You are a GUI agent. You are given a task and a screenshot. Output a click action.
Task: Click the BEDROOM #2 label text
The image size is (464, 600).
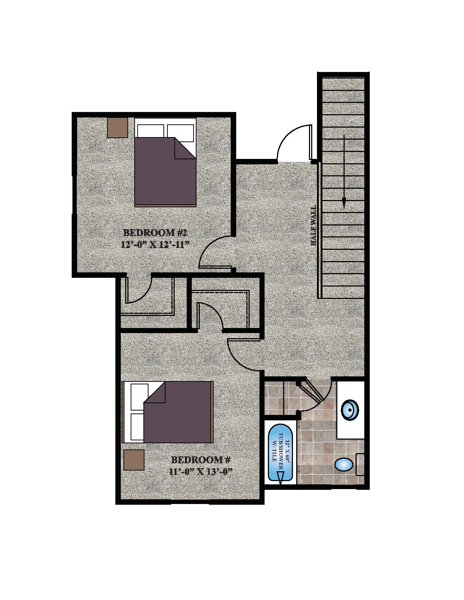[155, 233]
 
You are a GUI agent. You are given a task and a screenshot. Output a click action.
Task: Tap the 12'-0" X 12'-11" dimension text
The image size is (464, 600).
[156, 245]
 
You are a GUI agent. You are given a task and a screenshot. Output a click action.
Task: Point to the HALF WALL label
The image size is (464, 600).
[313, 225]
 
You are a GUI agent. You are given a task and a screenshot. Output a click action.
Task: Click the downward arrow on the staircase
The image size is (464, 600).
[344, 171]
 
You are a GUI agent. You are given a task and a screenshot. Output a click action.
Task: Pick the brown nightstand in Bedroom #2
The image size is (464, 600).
[118, 128]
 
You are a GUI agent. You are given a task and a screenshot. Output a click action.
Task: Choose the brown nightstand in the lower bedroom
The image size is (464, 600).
[134, 460]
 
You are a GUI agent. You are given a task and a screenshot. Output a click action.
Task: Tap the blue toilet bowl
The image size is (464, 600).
[344, 464]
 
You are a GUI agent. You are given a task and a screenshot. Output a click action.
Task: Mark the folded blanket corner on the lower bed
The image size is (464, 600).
[155, 392]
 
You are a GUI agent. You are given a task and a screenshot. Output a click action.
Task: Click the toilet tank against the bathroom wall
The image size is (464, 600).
[360, 464]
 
